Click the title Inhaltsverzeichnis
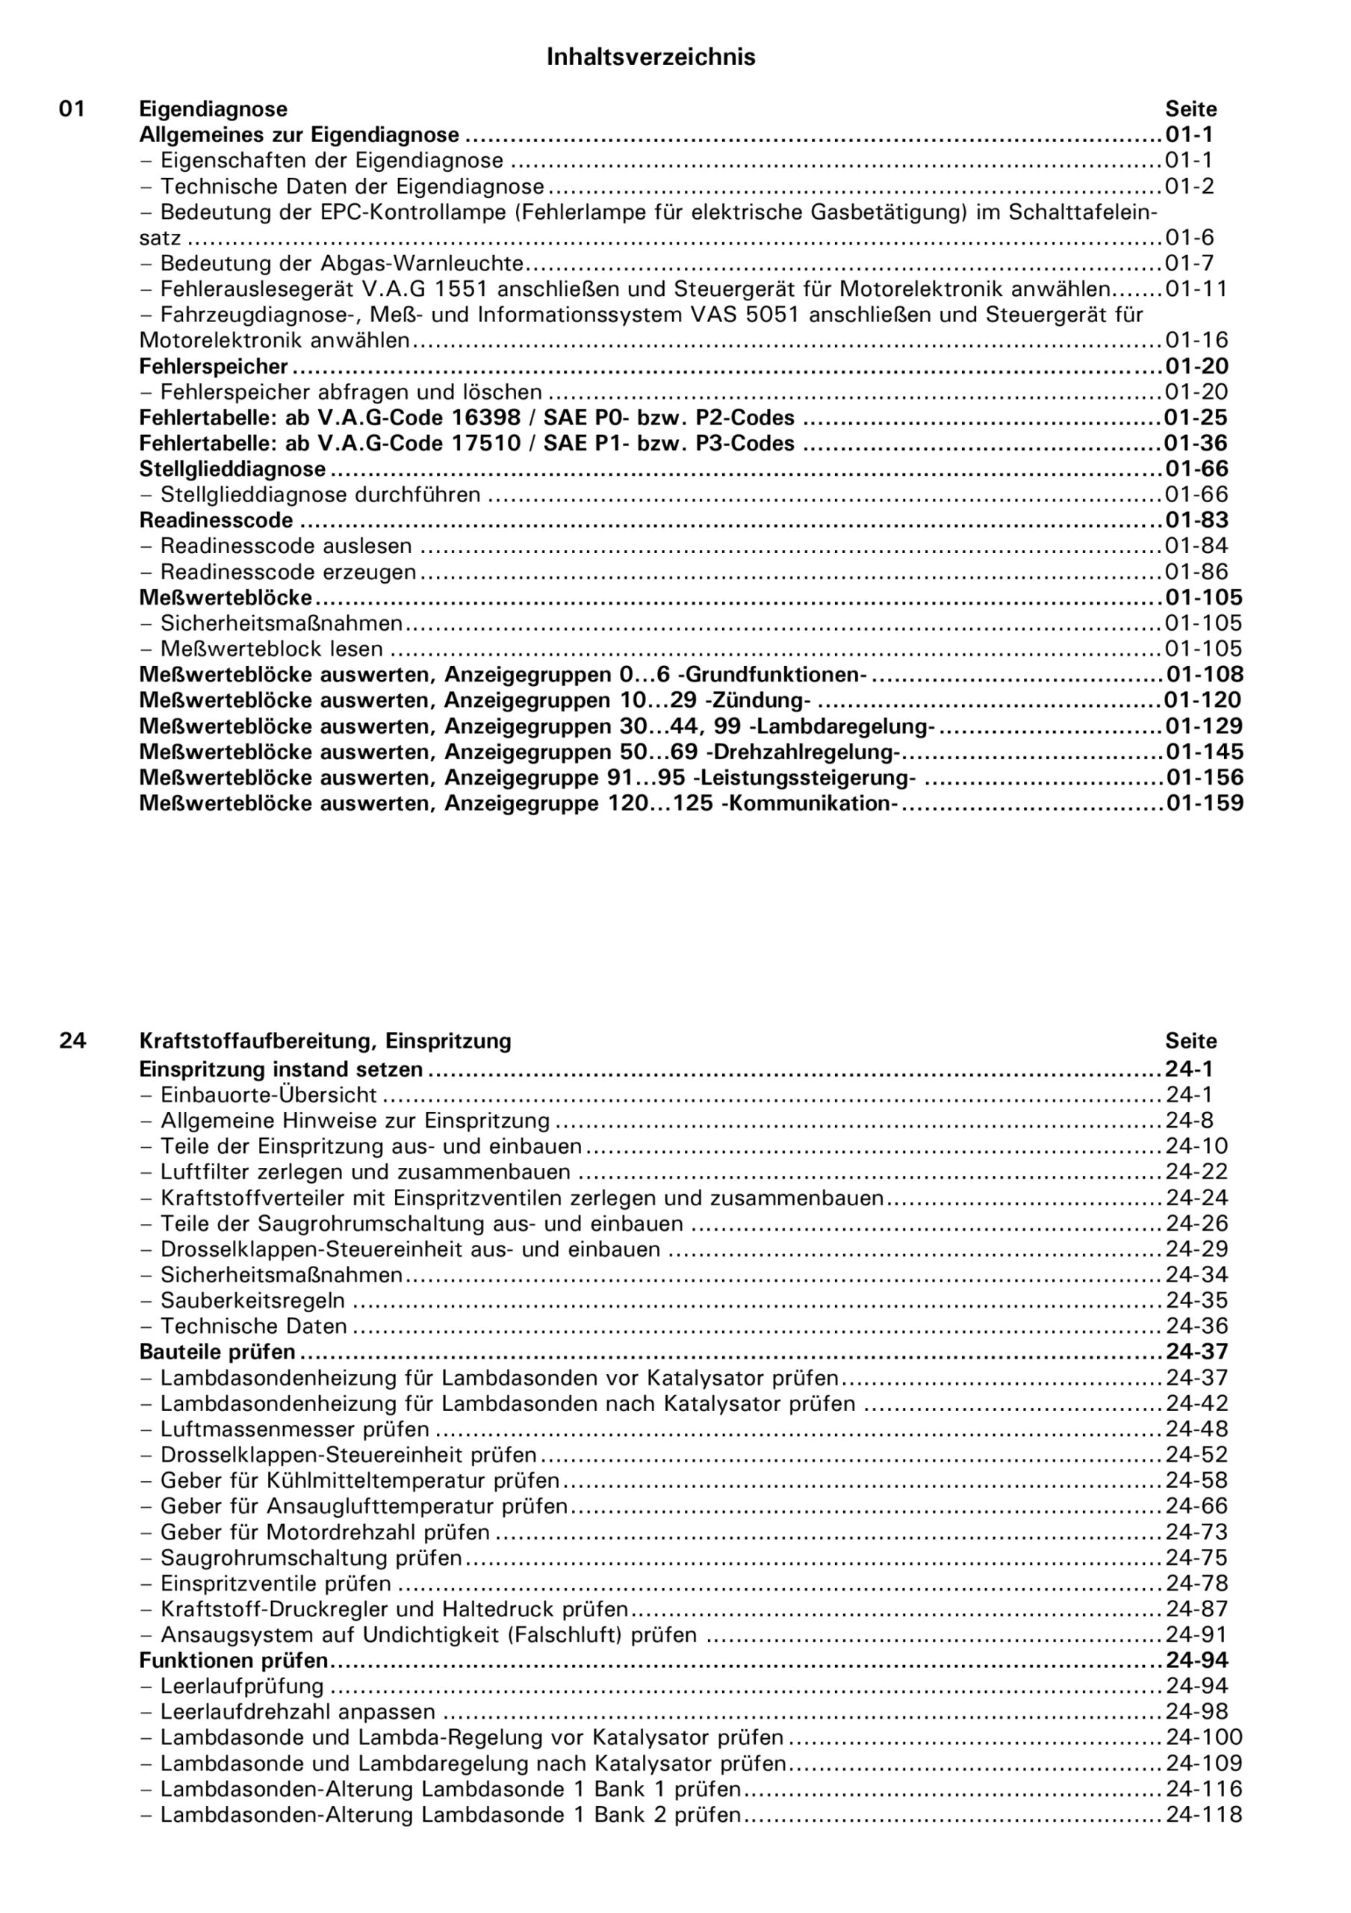(650, 57)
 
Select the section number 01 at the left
(72, 109)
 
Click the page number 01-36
(1196, 443)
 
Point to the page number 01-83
(1196, 520)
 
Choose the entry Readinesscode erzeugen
(288, 572)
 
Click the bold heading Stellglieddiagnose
(232, 469)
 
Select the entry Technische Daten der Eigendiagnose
(352, 186)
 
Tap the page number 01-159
(1204, 803)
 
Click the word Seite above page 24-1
(1190, 1041)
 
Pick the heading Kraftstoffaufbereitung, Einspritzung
(325, 1041)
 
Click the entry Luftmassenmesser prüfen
(295, 1430)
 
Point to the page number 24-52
(1196, 1455)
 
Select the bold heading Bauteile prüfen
(217, 1352)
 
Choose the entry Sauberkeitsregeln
(252, 1300)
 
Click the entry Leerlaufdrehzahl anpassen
(297, 1711)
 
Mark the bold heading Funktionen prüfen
(233, 1660)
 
